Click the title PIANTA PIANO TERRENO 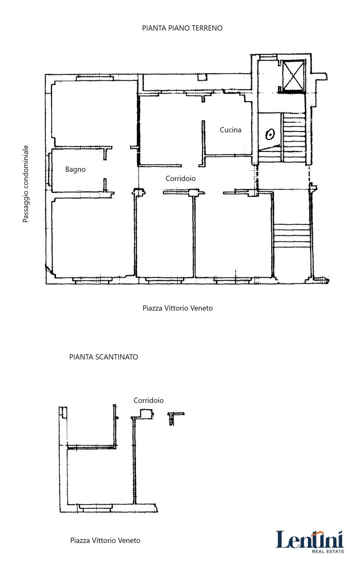click(182, 28)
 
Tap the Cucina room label click(230, 130)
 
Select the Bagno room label click(75, 169)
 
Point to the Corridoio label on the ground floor click(180, 178)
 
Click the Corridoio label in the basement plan click(149, 400)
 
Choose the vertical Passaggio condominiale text click(26, 184)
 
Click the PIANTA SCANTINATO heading click(104, 357)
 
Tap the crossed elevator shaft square click(292, 75)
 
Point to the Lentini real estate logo click(310, 542)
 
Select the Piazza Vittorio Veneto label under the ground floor click(178, 308)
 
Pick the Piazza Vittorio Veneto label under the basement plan click(105, 540)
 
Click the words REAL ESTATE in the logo click(328, 551)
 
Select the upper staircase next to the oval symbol click(294, 137)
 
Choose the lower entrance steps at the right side click(292, 236)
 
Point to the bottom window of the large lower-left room click(91, 280)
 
